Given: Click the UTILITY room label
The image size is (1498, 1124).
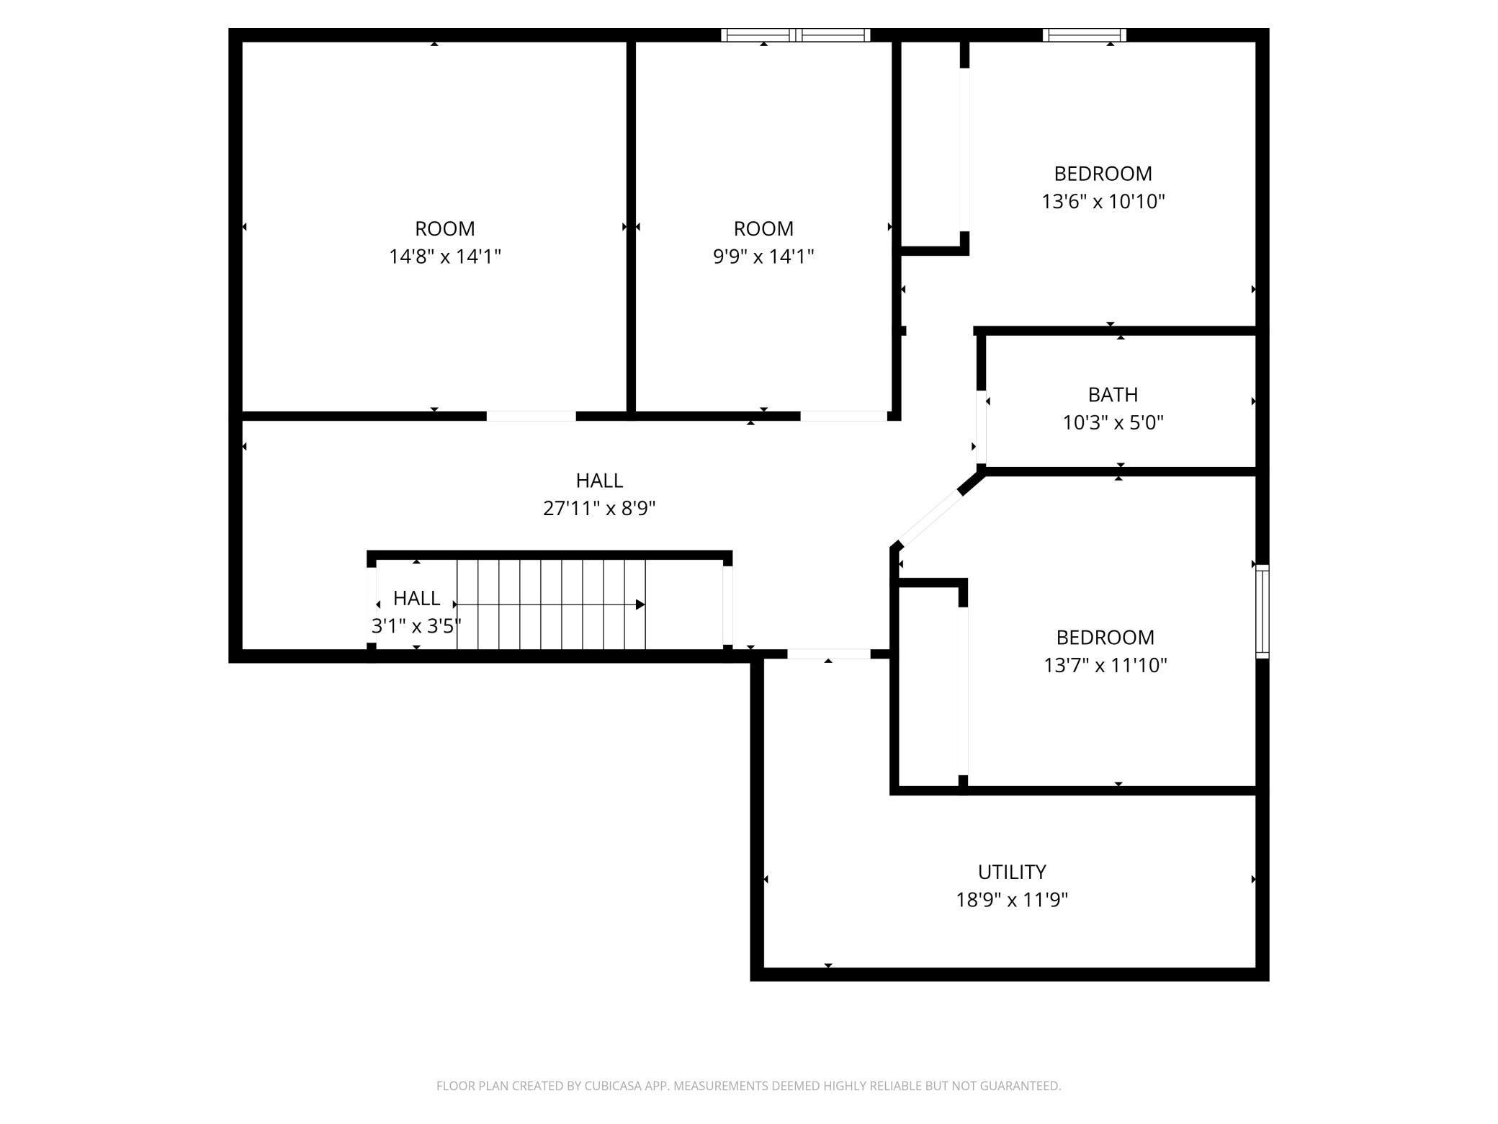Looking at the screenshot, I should point(1011,872).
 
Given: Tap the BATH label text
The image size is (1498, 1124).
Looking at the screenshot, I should point(1113,395).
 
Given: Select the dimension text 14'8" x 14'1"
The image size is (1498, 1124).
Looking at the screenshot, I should point(444,257).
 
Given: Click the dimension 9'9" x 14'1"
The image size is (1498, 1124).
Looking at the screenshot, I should point(763,257).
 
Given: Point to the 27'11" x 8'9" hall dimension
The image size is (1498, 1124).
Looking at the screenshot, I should point(598,509).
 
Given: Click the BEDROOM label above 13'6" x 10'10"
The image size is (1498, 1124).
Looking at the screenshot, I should point(1103,174).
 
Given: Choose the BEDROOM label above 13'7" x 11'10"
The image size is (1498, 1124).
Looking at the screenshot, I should point(1105,638).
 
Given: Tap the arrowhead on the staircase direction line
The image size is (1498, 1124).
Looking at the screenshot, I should point(640,605).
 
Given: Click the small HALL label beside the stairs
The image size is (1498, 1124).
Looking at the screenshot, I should point(416,598).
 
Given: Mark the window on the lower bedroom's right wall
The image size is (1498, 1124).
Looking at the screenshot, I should point(1262,611).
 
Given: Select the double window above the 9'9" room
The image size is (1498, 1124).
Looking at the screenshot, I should point(796,35).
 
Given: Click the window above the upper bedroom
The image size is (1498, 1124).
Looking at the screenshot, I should point(1084,35).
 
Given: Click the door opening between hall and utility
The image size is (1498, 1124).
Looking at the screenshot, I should point(828,654).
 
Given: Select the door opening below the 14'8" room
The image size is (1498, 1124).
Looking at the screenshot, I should point(531,416).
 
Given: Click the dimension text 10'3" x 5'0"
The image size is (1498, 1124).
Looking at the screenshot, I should point(1113,423).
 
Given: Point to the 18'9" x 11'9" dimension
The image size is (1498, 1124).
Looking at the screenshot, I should point(1011,900).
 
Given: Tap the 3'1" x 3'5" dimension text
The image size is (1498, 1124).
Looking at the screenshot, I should point(416,626).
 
